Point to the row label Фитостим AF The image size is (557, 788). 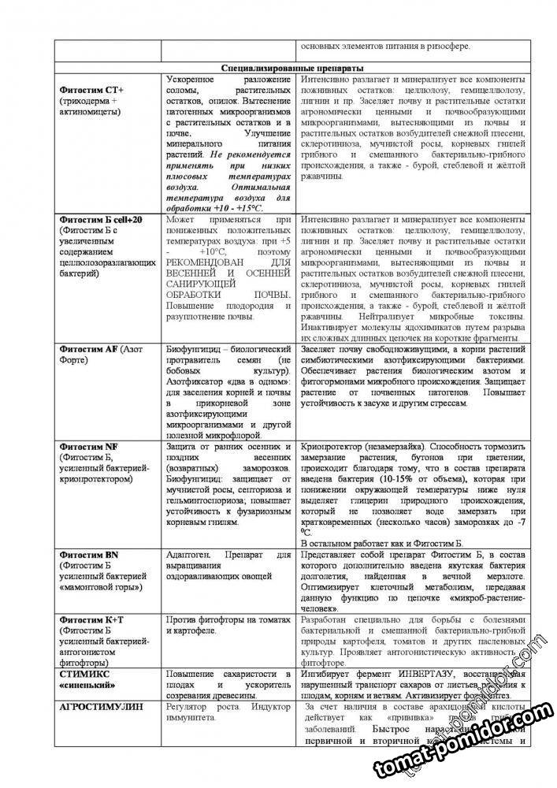(87, 348)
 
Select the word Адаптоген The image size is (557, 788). (192, 555)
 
